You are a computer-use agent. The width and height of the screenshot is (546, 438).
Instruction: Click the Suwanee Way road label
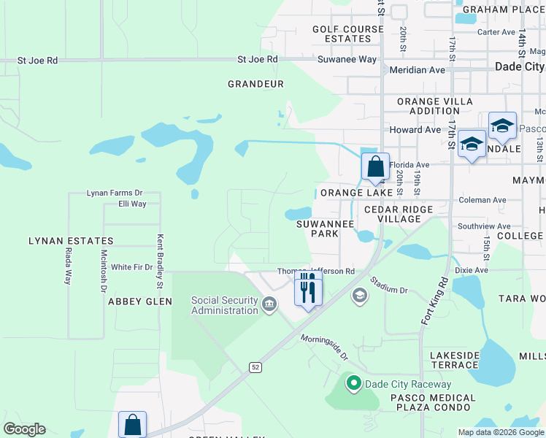coord(347,59)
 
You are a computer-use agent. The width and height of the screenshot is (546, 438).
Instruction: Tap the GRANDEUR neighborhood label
coord(255,84)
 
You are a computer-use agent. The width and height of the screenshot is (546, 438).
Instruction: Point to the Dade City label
coord(519,66)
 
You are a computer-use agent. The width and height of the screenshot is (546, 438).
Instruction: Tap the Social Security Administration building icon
coord(269,303)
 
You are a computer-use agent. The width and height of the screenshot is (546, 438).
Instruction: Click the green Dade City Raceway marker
coord(354,383)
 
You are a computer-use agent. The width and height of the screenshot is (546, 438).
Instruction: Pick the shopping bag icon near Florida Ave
coord(375,166)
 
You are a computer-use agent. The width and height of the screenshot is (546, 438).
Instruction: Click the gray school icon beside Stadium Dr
coord(359,295)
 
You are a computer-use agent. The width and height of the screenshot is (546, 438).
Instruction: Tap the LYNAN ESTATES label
coord(71,241)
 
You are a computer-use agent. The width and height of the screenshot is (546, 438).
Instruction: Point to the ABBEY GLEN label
coord(140,301)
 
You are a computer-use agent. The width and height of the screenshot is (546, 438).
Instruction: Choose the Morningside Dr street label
coord(325,347)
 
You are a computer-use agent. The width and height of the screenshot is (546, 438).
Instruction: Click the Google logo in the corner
coord(24,429)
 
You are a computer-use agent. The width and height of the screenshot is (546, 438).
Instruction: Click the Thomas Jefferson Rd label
coord(315,272)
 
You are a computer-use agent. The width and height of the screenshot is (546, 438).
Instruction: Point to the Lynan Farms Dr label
coord(114,193)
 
